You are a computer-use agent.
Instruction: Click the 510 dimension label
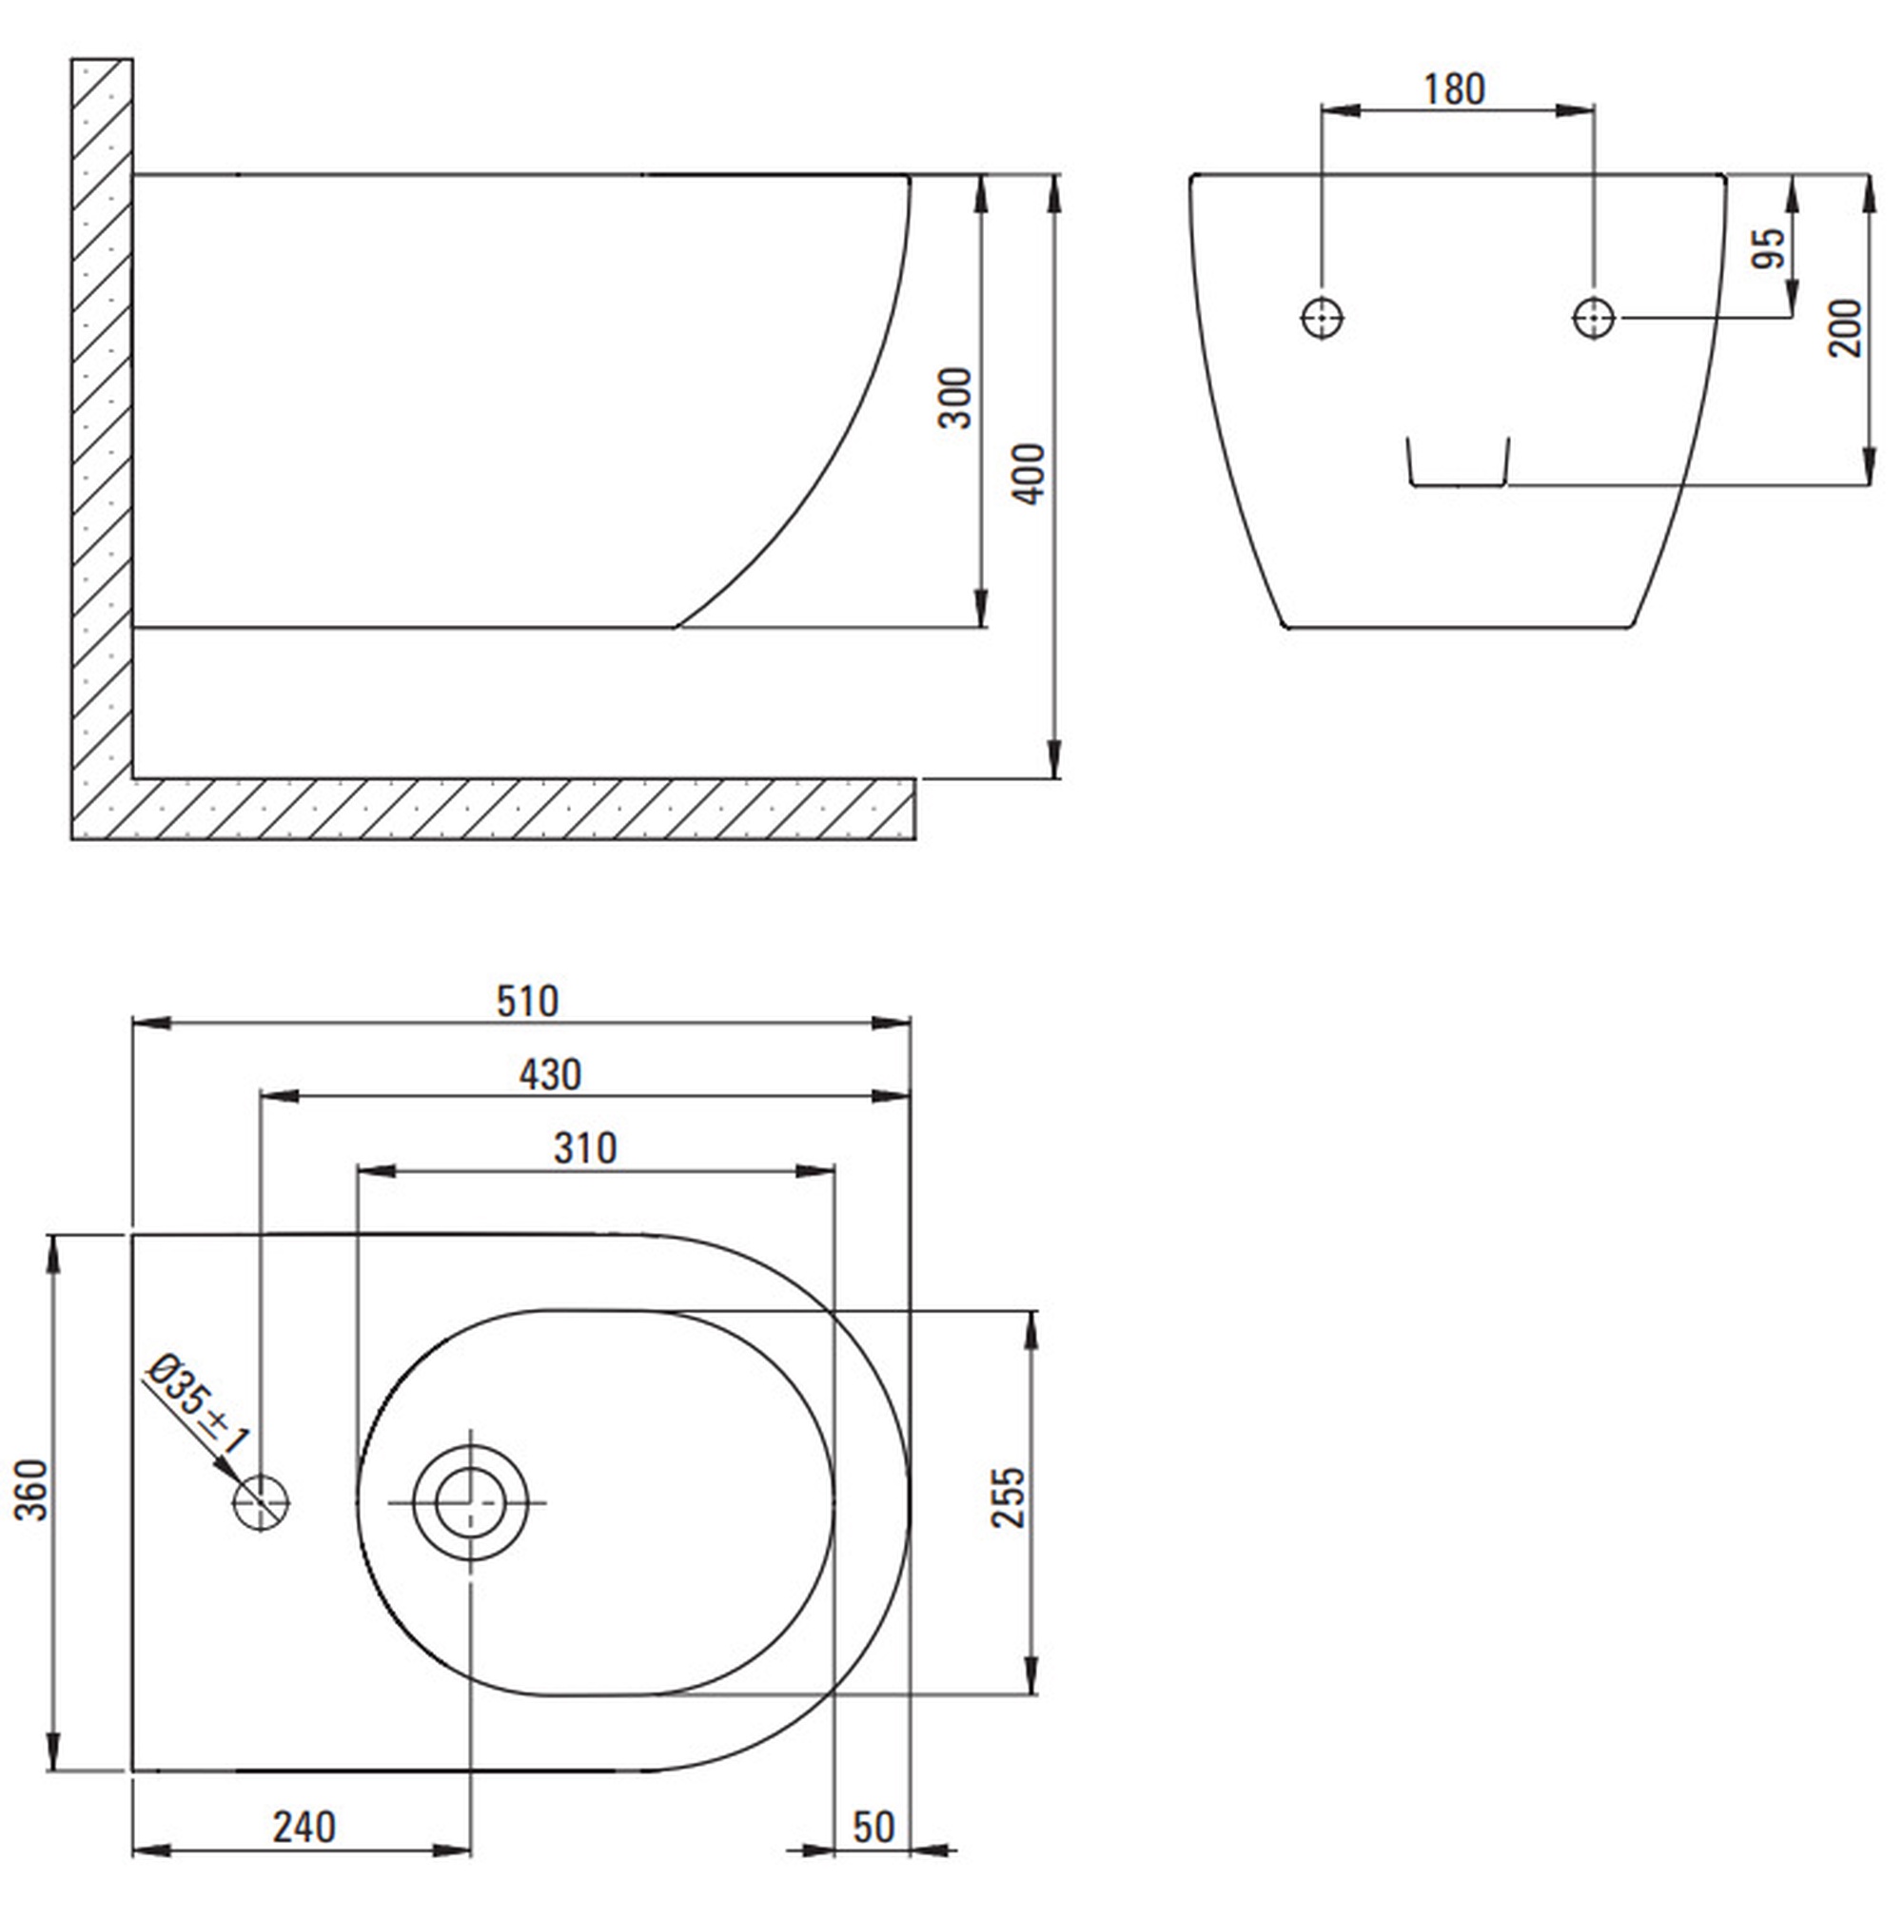point(527,1001)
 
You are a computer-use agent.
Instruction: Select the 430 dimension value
point(550,1074)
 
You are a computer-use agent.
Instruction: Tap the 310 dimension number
point(585,1148)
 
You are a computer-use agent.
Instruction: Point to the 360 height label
point(31,1489)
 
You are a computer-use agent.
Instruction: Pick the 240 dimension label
point(304,1828)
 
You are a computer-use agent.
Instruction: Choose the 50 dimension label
point(873,1828)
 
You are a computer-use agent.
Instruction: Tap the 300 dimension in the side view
point(956,397)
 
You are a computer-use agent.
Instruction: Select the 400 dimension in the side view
point(1030,474)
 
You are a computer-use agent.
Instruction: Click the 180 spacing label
point(1454,89)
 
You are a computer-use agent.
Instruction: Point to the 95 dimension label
point(1769,248)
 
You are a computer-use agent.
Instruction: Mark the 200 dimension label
point(1845,327)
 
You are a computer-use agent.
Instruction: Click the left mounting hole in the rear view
point(1322,319)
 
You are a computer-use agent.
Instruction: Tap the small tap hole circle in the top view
point(260,1503)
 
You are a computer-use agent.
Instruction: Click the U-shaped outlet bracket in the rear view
point(1458,485)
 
